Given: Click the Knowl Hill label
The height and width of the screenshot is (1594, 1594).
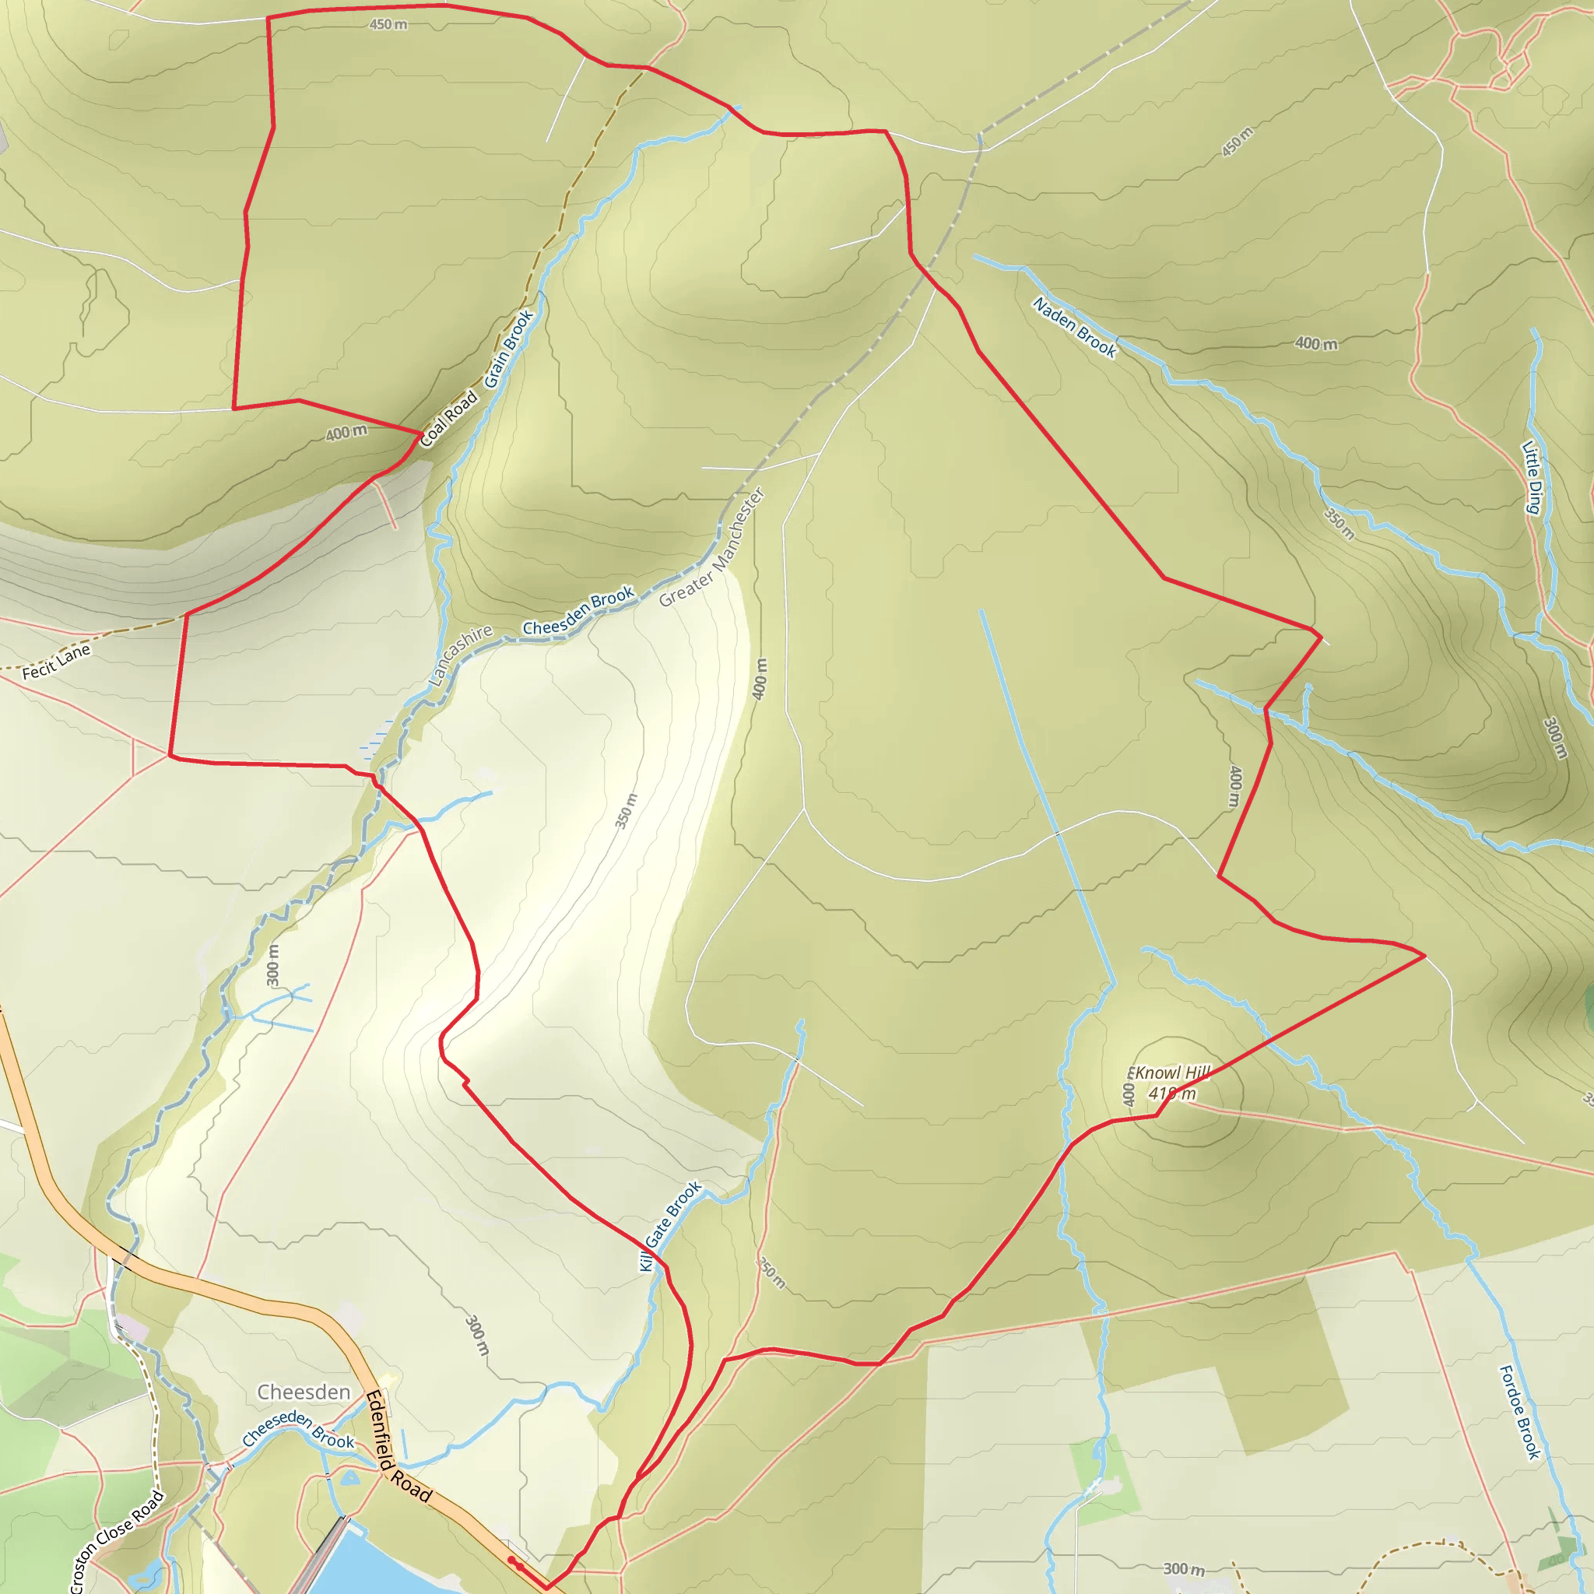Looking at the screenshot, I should click(x=1172, y=1073).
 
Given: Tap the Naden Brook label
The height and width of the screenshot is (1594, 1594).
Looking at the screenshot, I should click(x=1074, y=328).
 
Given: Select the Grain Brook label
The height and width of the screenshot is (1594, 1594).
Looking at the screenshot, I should click(x=508, y=349).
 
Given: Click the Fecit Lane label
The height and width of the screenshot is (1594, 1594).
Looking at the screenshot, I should click(x=56, y=662).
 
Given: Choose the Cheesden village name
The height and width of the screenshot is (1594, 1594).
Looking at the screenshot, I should click(x=304, y=1392).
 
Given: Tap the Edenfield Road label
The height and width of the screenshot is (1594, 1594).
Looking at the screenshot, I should click(x=398, y=1446).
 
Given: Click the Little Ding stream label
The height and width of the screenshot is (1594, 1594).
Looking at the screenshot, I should click(x=1531, y=478).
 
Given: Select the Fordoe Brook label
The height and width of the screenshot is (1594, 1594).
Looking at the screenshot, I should click(x=1520, y=1412).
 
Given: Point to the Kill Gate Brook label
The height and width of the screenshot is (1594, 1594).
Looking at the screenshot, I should click(x=670, y=1226).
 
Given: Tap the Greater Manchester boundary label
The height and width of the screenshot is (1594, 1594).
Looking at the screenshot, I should click(x=712, y=547).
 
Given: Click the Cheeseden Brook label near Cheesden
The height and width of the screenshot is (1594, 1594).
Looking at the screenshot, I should click(x=298, y=1428).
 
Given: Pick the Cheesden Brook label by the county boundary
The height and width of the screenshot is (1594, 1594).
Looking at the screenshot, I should click(x=578, y=610).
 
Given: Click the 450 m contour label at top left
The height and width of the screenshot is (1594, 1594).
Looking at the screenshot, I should click(x=388, y=25).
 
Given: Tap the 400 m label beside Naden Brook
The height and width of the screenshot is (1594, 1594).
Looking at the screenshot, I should click(x=1316, y=343).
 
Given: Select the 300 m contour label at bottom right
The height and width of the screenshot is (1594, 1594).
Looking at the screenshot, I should click(x=1184, y=1568).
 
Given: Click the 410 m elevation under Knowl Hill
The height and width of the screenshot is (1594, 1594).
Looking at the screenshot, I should click(x=1171, y=1094).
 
